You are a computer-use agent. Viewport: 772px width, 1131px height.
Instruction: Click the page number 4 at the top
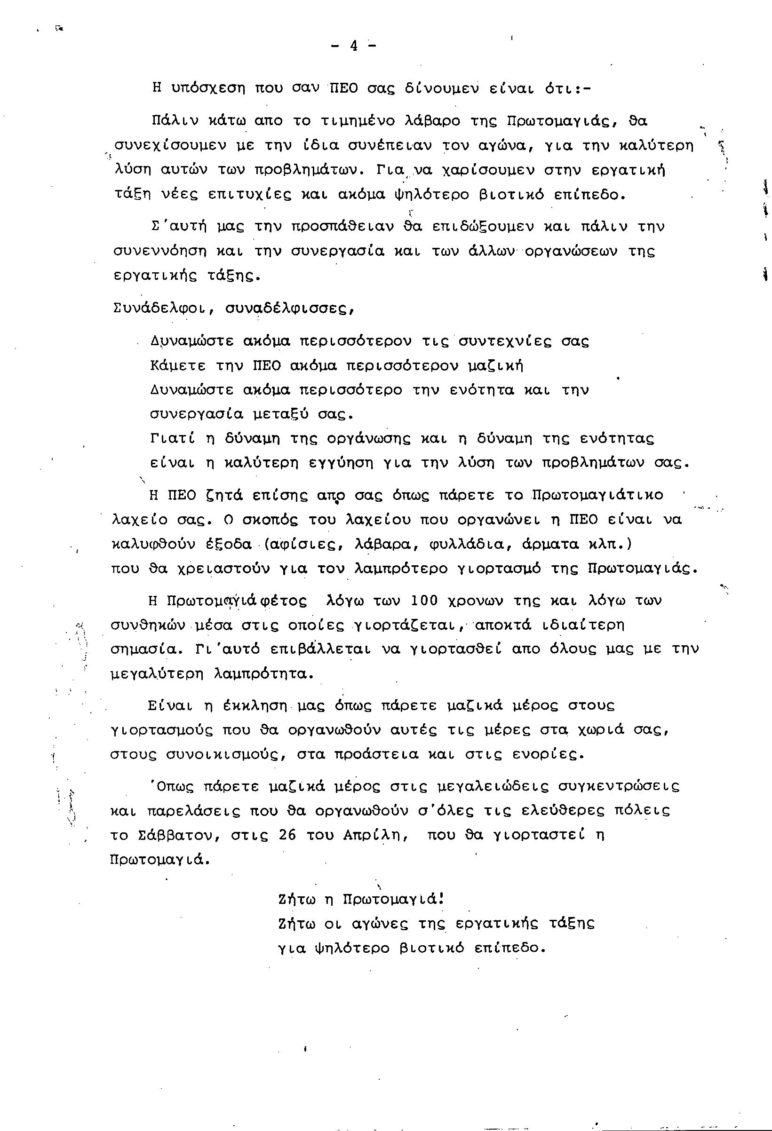coord(353,46)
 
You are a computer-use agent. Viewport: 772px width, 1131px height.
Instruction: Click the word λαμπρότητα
coord(263,674)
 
